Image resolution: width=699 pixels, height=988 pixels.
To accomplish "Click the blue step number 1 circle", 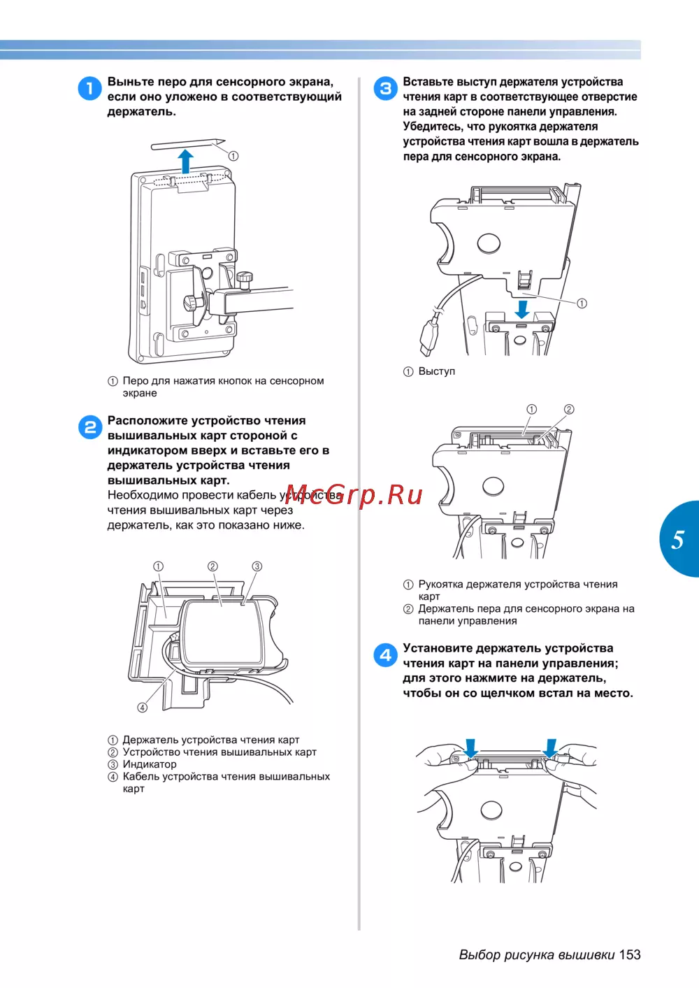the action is click(90, 88).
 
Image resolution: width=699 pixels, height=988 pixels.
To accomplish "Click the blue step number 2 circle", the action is click(90, 427).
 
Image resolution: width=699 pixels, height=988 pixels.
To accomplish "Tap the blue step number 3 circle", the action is click(385, 88).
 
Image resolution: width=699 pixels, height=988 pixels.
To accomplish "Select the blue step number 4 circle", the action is click(385, 655).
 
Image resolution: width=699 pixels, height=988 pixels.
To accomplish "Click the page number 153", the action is click(629, 955).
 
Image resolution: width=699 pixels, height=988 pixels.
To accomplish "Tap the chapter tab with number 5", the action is click(679, 539).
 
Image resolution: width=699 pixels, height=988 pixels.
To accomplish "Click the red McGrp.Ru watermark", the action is click(354, 495).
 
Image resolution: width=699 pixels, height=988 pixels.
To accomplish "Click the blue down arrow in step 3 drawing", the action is click(523, 309).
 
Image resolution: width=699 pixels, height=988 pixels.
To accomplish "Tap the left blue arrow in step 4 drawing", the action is click(471, 749).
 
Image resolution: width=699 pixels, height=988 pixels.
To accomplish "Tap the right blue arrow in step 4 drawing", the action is click(550, 749).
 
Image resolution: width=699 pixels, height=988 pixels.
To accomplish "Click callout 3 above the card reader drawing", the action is click(257, 566).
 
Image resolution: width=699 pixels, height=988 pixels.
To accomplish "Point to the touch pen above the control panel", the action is click(188, 144).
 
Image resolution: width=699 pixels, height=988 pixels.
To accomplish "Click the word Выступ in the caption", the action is click(437, 371).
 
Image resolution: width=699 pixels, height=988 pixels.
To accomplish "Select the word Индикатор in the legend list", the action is click(150, 764).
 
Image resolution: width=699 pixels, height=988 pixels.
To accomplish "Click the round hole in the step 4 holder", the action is click(491, 810).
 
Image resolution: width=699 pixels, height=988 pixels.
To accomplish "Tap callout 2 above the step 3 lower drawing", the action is click(569, 409).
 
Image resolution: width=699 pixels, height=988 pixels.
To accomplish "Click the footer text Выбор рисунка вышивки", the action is click(537, 955).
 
